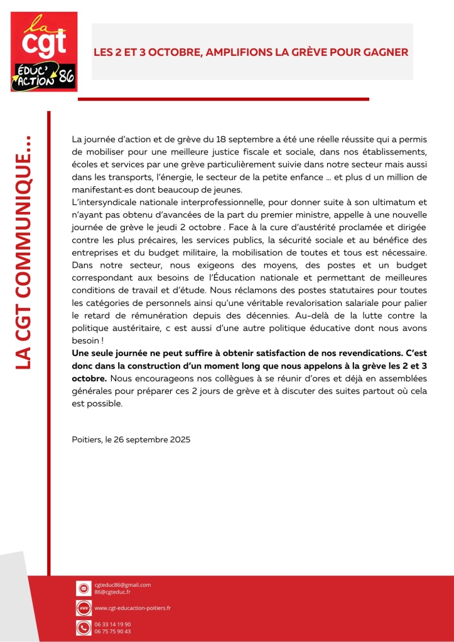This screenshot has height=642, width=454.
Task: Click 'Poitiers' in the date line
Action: tap(87, 440)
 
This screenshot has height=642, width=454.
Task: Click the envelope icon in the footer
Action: tap(83, 588)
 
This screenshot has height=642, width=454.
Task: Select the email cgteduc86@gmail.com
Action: tap(122, 585)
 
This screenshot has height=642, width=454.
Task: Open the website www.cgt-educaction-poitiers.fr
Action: tap(132, 608)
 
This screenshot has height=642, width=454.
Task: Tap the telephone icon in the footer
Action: tap(83, 628)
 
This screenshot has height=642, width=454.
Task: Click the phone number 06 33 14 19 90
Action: tap(112, 624)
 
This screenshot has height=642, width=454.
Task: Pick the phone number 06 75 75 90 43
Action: tap(112, 631)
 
